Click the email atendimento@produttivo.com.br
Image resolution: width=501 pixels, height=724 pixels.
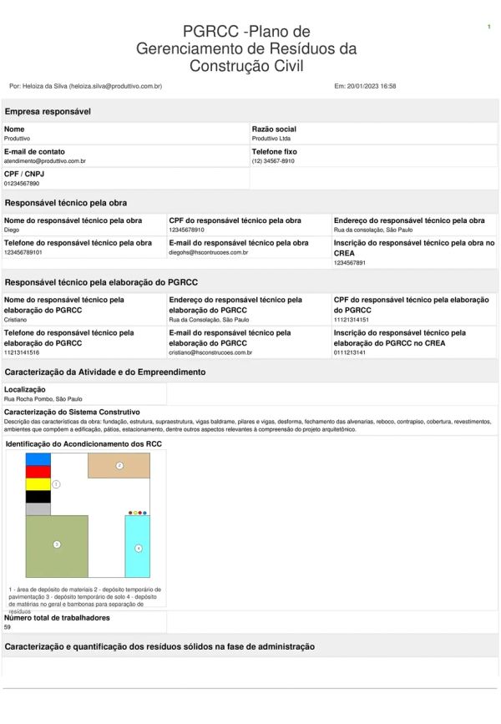pyautogui.click(x=45, y=160)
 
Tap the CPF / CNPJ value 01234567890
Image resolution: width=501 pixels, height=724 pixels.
pyautogui.click(x=22, y=183)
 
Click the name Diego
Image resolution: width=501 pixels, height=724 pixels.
pyautogui.click(x=12, y=229)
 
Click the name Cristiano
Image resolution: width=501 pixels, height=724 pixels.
pyautogui.click(x=16, y=319)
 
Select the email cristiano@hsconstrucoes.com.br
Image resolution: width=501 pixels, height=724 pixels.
pyautogui.click(x=210, y=352)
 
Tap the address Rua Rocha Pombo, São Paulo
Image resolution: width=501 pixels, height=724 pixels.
pyautogui.click(x=43, y=399)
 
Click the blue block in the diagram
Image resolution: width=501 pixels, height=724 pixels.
pyautogui.click(x=38, y=458)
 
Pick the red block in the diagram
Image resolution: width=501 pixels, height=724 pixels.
pyautogui.click(x=38, y=472)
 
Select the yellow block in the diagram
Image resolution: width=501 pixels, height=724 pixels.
pyautogui.click(x=38, y=484)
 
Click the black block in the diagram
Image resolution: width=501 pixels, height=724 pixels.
pyautogui.click(x=38, y=497)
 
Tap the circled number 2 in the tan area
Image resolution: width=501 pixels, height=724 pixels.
pyautogui.click(x=119, y=465)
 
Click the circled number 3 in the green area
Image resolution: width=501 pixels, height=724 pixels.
pyautogui.click(x=57, y=544)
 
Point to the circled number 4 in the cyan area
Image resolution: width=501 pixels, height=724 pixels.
pyautogui.click(x=139, y=549)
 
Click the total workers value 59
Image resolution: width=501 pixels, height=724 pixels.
pyautogui.click(x=8, y=626)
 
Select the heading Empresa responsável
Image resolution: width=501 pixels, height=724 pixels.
pyautogui.click(x=48, y=111)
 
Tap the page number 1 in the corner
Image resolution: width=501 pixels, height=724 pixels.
pyautogui.click(x=488, y=28)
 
